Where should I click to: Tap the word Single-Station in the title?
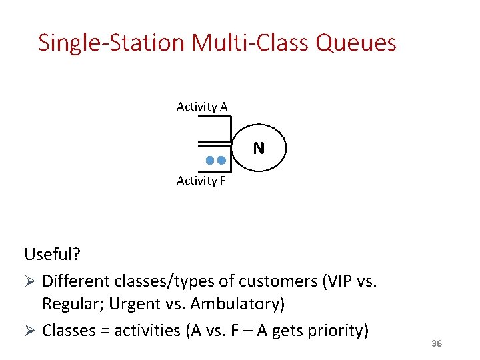[111, 43]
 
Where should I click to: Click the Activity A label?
[202, 107]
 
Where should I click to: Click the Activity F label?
[201, 181]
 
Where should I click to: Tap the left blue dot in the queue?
[210, 161]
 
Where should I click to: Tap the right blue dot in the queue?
[222, 161]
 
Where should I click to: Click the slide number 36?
[437, 343]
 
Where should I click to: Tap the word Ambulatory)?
[238, 304]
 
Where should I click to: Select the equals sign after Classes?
[99, 330]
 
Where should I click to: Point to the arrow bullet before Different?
[30, 280]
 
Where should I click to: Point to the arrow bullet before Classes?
[30, 330]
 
